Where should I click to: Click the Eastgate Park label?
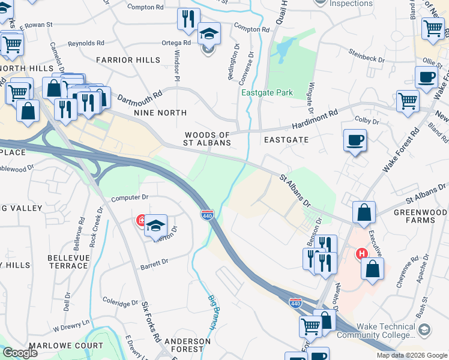tap(267, 93)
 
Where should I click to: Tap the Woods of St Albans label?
tap(208, 139)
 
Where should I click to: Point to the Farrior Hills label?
tap(128, 60)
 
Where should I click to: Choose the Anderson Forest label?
tap(188, 346)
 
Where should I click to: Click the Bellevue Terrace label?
tap(68, 261)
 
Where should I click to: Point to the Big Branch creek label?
tap(213, 312)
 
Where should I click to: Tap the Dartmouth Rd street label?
tap(140, 95)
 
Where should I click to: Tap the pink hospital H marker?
tap(361, 254)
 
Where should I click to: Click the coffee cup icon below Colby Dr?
tap(355, 140)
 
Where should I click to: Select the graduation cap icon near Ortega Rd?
tap(209, 34)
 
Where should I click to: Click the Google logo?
tap(20, 353)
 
